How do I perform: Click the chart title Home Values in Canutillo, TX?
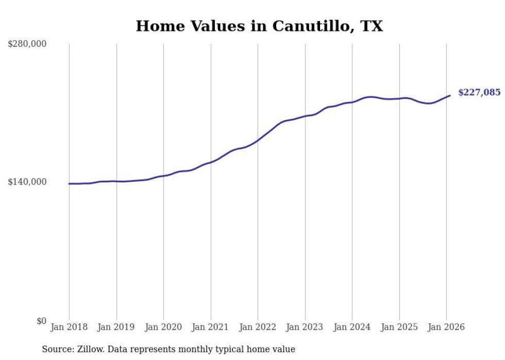click(x=259, y=26)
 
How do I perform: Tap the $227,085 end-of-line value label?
click(x=479, y=93)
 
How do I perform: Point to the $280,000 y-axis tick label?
click(x=27, y=44)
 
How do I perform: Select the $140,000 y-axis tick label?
click(x=27, y=182)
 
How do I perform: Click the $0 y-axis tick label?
click(x=41, y=321)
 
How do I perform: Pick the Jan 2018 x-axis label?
click(x=69, y=327)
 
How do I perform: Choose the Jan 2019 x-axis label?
click(x=116, y=327)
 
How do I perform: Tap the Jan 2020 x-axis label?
click(x=163, y=327)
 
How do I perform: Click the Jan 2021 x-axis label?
click(x=211, y=327)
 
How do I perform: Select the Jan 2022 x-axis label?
click(x=258, y=327)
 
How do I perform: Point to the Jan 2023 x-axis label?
click(x=305, y=327)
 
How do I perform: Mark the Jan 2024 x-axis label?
click(x=352, y=327)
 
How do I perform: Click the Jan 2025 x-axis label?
click(x=399, y=327)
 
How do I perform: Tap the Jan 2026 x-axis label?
click(x=446, y=327)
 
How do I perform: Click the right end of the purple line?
click(x=450, y=95)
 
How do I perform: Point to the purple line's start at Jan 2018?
click(x=69, y=183)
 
